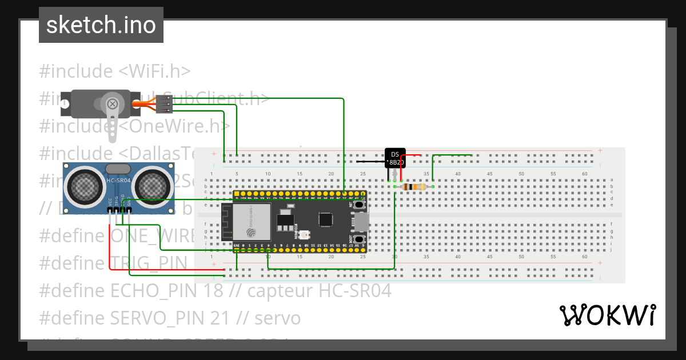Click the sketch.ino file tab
click(x=101, y=25)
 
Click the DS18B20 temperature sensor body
click(x=395, y=158)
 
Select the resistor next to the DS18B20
click(x=413, y=187)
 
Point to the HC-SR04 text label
click(x=118, y=181)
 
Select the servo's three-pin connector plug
click(x=165, y=104)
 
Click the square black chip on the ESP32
click(x=326, y=219)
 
